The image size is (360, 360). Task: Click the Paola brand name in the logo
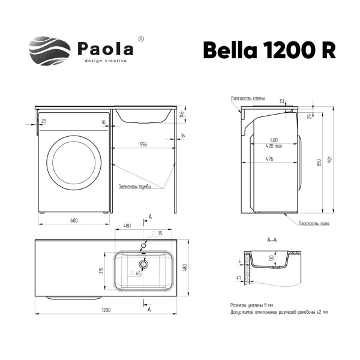click(105, 48)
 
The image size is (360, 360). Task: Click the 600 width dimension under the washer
click(74, 221)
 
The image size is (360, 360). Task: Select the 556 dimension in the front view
click(144, 145)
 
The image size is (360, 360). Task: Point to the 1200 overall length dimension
click(106, 310)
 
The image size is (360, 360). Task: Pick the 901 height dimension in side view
click(329, 160)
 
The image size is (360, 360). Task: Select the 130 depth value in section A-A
click(271, 258)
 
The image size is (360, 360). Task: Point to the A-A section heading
click(271, 239)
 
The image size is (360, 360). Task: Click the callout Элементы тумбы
click(134, 187)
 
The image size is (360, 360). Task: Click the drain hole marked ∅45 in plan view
click(143, 263)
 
